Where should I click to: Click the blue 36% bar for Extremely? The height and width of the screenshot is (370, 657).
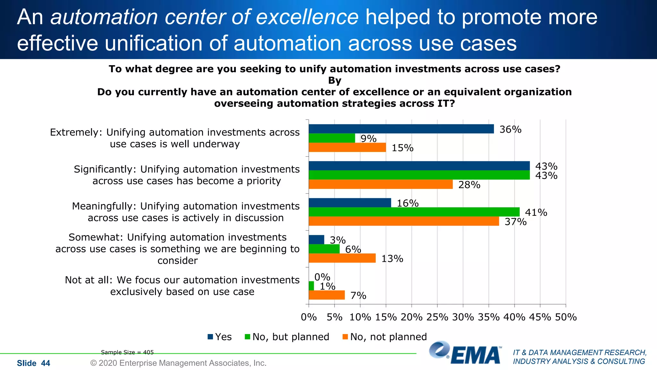click(401, 129)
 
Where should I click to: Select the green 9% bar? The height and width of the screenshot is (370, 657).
click(332, 138)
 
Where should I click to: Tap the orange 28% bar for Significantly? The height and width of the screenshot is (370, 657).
click(380, 184)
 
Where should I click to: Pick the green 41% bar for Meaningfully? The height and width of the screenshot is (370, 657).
click(414, 212)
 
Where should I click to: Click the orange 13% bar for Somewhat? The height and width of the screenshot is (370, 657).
click(342, 258)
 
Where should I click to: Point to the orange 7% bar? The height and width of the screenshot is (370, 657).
click(327, 295)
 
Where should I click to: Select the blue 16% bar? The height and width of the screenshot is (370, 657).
click(350, 203)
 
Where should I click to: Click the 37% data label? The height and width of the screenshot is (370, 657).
click(515, 222)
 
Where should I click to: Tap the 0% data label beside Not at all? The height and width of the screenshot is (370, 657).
click(322, 277)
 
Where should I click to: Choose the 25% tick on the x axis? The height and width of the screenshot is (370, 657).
click(437, 317)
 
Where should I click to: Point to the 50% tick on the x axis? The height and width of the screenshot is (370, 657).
click(566, 317)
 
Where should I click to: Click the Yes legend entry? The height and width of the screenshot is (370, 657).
click(220, 337)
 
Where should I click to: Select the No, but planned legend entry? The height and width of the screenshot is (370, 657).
click(287, 337)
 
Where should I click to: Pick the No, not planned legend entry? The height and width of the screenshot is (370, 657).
click(385, 337)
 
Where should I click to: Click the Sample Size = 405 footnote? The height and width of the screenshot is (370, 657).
click(127, 352)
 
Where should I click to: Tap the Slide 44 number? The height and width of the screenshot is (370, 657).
click(33, 363)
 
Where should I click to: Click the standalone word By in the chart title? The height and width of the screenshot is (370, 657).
click(334, 81)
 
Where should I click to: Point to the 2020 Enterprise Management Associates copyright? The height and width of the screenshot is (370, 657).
click(178, 363)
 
